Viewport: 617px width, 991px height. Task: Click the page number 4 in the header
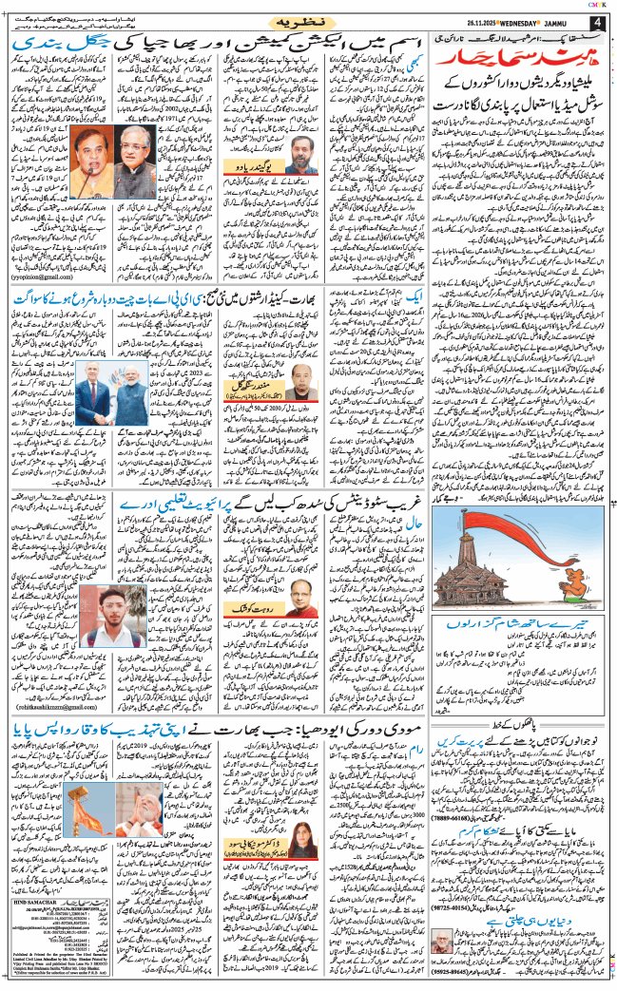(x=597, y=22)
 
